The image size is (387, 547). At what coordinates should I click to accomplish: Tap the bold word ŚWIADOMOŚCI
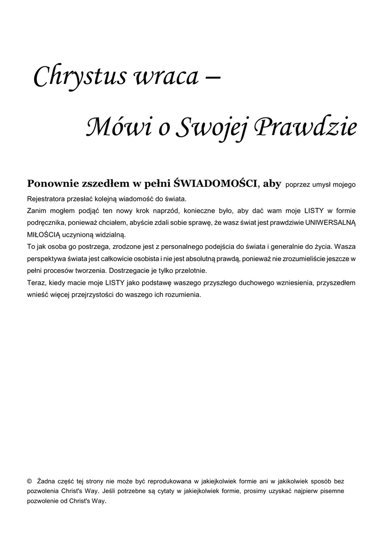coord(216,184)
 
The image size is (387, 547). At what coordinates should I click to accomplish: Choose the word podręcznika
coord(48,222)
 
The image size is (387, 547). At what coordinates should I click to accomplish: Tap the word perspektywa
coord(48,259)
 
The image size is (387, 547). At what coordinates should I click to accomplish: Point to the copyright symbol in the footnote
coord(29,481)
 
